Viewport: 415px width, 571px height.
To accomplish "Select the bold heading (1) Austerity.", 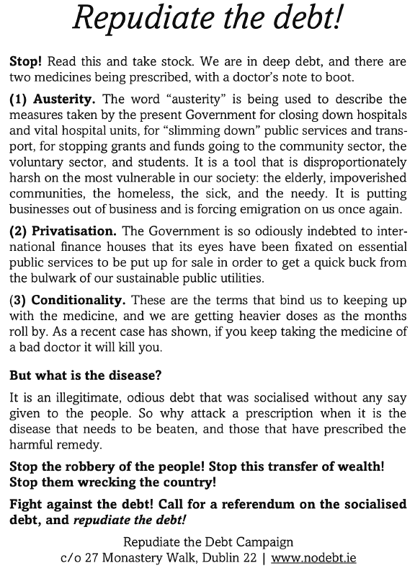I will (x=46, y=99).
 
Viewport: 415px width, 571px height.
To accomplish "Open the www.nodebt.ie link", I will (x=314, y=557).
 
